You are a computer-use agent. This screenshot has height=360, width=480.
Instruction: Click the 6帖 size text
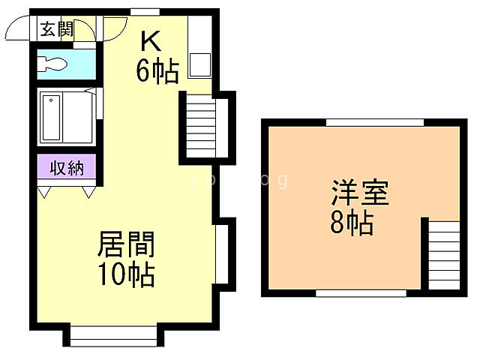coord(157,70)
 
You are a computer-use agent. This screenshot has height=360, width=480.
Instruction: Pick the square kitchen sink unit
coord(199,65)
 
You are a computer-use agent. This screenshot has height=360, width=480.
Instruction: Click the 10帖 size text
coord(126,274)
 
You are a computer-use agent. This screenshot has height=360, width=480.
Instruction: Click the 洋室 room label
coord(360,193)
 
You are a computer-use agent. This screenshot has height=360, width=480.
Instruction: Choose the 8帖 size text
coord(352,223)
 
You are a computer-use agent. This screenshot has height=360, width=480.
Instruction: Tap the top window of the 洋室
coord(374,122)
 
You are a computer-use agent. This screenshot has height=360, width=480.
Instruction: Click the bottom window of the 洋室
coord(361,292)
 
